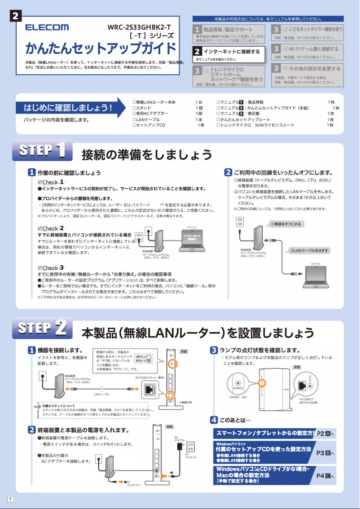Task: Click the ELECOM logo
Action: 47,28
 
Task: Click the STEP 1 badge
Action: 42,150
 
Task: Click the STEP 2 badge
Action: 42,328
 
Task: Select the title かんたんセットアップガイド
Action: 101,48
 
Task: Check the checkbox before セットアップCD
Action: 134,125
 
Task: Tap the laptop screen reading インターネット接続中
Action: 192,237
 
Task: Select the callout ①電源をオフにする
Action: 285,224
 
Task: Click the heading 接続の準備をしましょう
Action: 147,155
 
